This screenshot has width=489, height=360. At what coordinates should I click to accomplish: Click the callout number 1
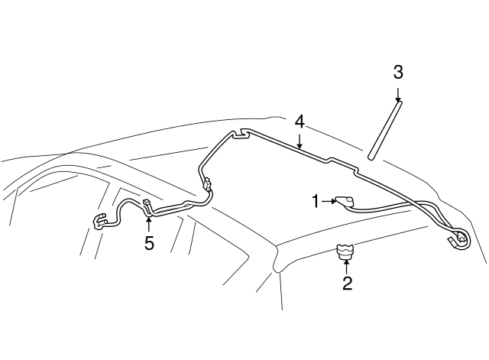click(316, 201)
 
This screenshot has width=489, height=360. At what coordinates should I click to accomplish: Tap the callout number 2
click(347, 284)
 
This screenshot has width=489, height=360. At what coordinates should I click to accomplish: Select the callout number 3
click(398, 72)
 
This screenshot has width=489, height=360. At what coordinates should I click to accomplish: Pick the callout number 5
click(149, 243)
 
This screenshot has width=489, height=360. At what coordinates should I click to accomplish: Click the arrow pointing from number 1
click(329, 202)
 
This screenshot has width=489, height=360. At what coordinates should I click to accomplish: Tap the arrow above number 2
click(346, 267)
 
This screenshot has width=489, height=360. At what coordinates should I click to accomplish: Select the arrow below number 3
click(398, 95)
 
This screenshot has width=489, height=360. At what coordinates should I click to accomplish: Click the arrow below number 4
click(300, 141)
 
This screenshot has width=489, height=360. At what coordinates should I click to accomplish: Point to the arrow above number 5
click(149, 224)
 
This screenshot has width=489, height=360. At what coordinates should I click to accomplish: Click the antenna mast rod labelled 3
click(384, 130)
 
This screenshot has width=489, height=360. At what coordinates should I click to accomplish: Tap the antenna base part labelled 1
click(345, 202)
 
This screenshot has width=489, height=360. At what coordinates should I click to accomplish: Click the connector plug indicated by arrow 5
click(147, 204)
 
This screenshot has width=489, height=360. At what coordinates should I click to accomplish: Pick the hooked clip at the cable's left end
click(100, 222)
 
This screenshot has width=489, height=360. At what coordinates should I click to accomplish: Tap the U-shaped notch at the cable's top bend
click(241, 133)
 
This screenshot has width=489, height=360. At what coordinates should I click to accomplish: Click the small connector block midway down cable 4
click(207, 183)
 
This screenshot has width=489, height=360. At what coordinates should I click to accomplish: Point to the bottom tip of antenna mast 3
click(371, 157)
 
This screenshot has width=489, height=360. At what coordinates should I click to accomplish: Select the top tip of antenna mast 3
click(399, 102)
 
